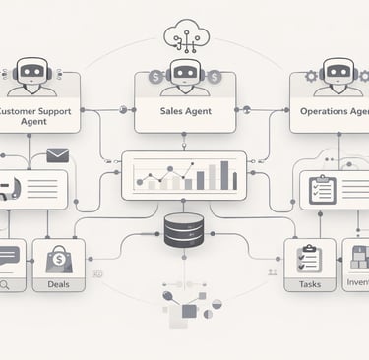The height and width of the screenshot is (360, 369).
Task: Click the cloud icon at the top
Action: tap(184, 34)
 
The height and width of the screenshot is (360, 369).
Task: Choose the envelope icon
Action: tap(58, 154)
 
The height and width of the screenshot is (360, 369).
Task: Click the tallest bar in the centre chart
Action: tap(225, 175)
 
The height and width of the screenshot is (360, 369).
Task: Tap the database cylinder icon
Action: tap(184, 230)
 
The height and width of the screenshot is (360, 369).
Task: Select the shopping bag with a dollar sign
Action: tap(58, 260)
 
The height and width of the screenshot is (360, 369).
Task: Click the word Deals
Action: tap(58, 285)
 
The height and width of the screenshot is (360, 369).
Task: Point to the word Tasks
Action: tap(308, 285)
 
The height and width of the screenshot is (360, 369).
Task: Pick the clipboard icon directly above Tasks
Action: tap(308, 259)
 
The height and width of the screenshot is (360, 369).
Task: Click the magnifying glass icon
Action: tap(7, 285)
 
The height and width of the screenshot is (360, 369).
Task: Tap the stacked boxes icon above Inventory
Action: tap(359, 258)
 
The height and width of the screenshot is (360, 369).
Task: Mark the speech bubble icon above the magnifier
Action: tap(8, 255)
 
